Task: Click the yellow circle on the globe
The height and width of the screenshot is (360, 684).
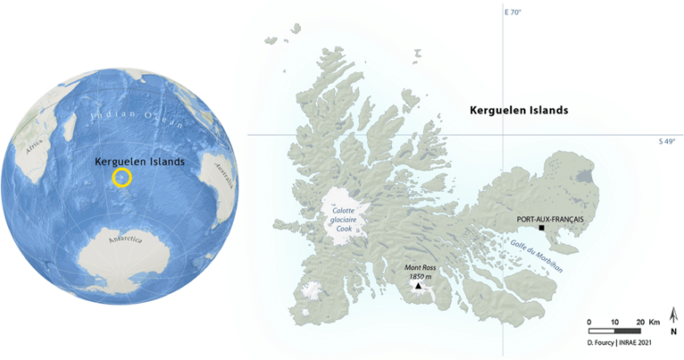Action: (x=122, y=178)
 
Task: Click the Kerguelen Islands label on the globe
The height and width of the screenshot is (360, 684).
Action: (x=140, y=162)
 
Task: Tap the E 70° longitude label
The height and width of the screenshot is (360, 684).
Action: (x=512, y=12)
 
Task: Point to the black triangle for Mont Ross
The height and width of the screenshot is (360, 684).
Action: (x=417, y=286)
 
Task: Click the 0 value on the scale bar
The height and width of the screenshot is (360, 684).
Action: (x=589, y=321)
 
